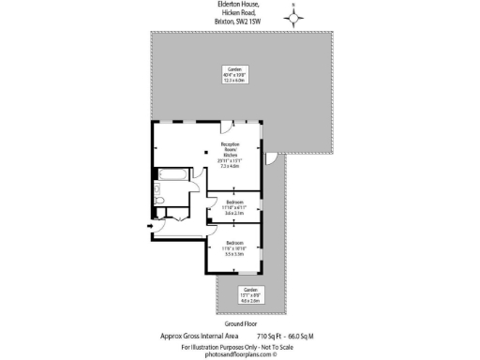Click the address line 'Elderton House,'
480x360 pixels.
click(239, 6)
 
